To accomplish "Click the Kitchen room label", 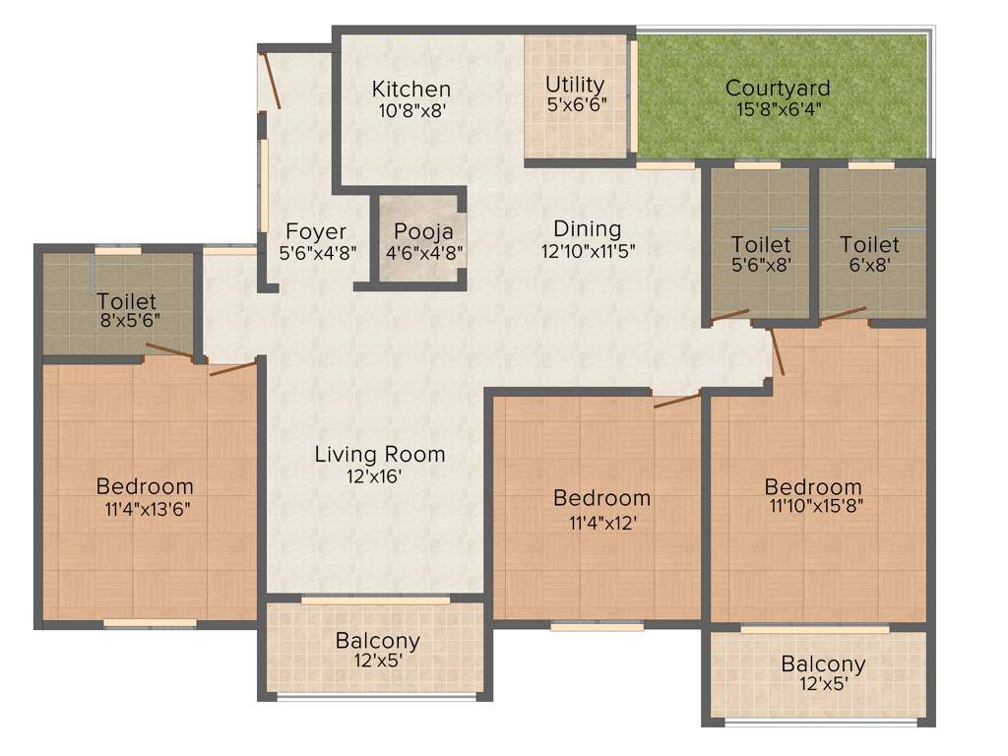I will [411, 90].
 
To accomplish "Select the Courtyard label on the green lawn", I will [778, 89].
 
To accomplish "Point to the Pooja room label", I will [423, 232].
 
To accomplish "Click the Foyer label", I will [316, 232].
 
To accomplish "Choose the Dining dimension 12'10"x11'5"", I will [589, 250].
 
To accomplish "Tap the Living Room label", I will [380, 454].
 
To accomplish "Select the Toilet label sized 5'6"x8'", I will [761, 244].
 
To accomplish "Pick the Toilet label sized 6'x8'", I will [869, 244].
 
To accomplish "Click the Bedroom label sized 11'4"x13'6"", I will [145, 486].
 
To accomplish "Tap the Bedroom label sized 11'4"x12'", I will [601, 498].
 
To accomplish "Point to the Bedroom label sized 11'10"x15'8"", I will [813, 486].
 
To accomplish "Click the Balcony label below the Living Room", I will [378, 641].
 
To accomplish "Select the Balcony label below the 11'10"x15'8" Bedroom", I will [823, 664].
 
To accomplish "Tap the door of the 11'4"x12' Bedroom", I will [677, 399].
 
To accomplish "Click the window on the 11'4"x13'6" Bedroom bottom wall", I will [150, 623].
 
